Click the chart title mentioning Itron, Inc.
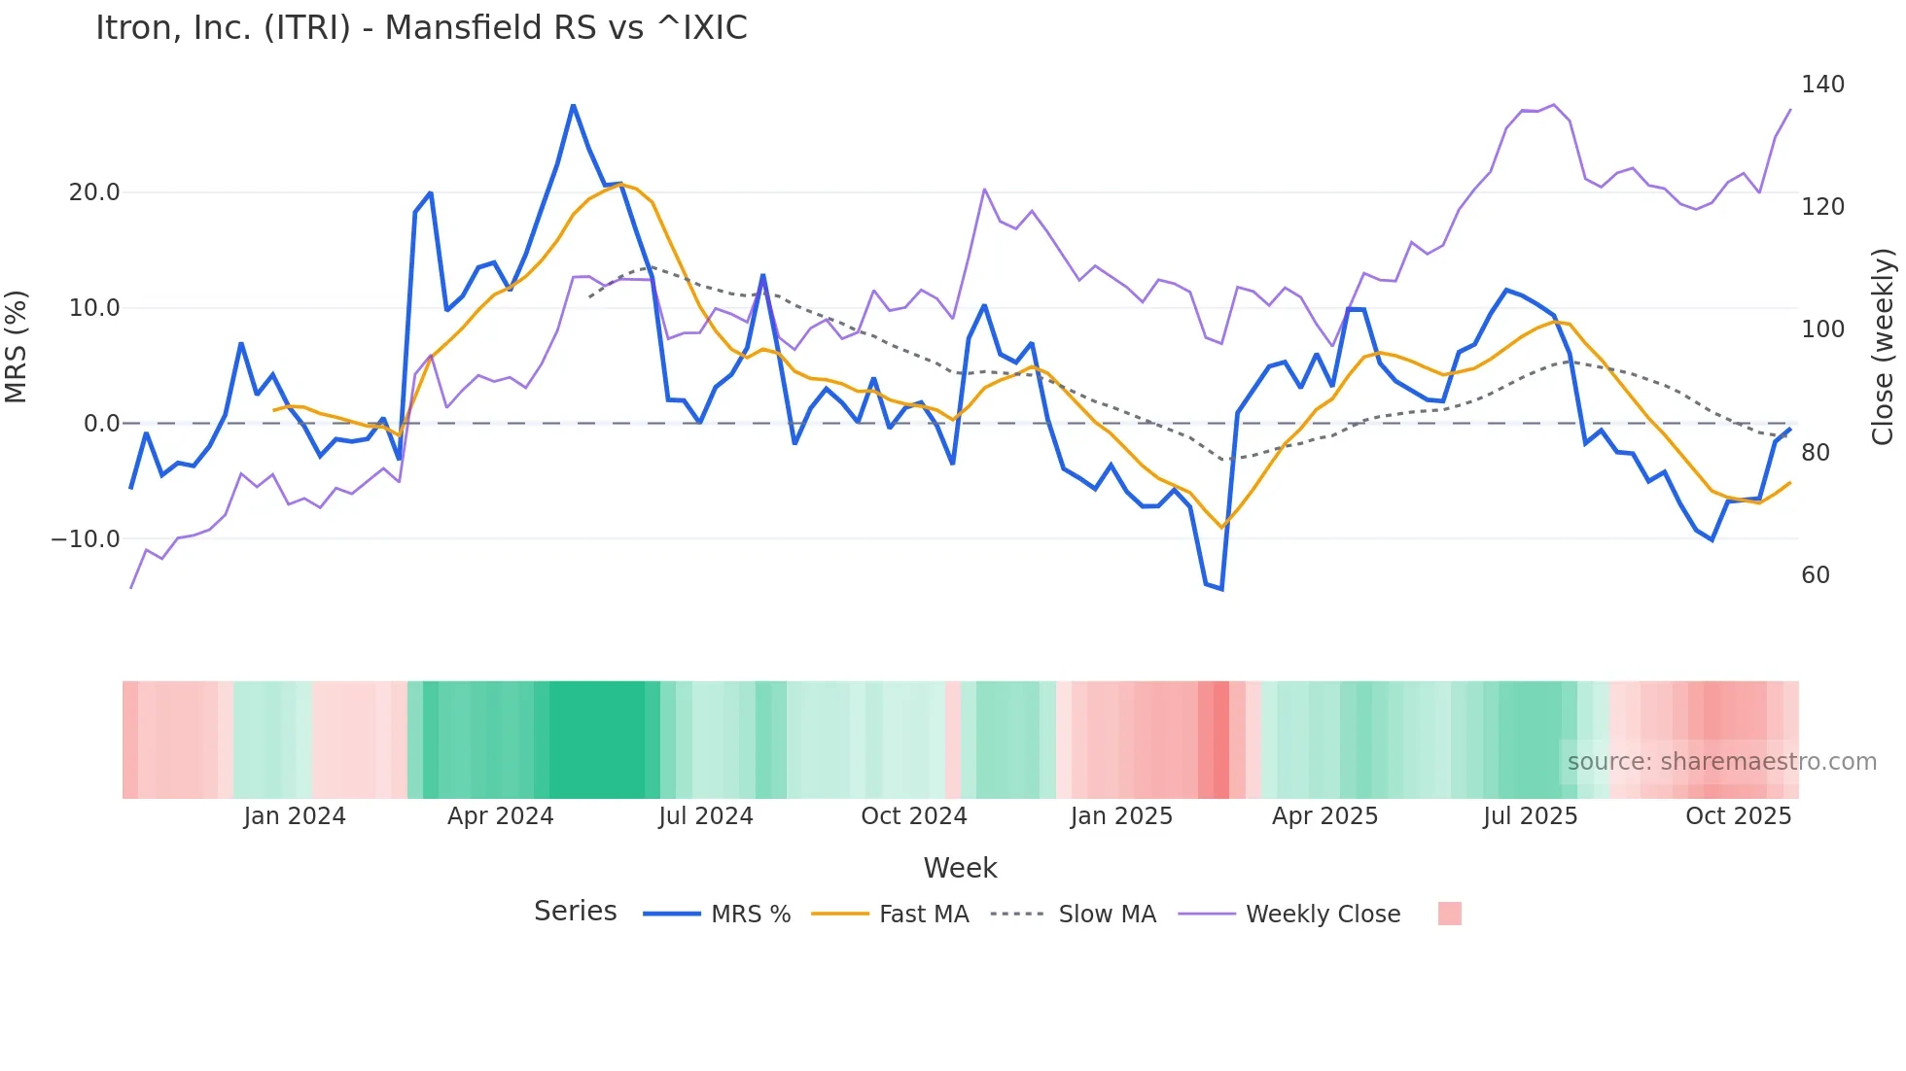click(421, 28)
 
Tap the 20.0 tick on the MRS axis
click(94, 192)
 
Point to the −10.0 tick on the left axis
click(86, 538)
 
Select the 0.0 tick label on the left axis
click(101, 424)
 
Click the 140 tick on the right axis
click(1822, 85)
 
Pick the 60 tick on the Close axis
click(1815, 575)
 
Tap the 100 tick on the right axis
click(1822, 329)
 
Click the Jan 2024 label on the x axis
click(294, 816)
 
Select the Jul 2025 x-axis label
click(1530, 816)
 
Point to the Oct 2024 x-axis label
click(913, 816)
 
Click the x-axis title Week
click(960, 868)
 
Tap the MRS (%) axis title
click(17, 347)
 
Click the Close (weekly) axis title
click(1883, 347)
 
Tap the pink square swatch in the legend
click(1449, 914)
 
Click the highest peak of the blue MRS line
click(573, 105)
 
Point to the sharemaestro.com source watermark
click(1721, 762)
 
